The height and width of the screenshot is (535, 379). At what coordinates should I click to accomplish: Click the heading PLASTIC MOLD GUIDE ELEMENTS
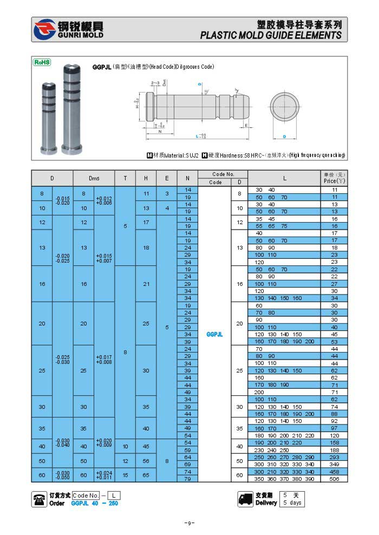tap(271, 35)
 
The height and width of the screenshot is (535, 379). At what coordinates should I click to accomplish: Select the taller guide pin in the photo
tap(70, 109)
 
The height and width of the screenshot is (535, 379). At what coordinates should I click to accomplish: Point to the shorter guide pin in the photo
tap(48, 116)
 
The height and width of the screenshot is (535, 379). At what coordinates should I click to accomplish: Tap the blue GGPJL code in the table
tap(215, 334)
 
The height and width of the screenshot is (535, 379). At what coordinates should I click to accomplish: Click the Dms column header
tap(94, 178)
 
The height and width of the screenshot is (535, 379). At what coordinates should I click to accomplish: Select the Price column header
tap(334, 178)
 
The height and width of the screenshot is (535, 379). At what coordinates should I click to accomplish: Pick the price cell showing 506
tap(334, 479)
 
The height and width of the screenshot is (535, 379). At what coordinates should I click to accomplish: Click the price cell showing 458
tap(334, 472)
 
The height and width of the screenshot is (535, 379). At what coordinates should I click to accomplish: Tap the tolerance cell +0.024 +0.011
tap(104, 475)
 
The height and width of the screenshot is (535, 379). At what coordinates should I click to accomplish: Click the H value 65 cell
tap(146, 475)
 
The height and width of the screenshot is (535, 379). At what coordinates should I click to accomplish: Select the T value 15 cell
tap(125, 475)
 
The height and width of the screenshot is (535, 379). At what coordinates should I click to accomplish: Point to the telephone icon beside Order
tap(40, 499)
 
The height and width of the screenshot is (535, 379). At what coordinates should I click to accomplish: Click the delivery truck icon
tap(246, 499)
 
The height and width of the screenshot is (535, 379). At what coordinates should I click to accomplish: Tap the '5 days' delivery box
tap(292, 503)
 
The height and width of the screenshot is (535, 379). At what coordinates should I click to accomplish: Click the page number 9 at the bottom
tap(189, 523)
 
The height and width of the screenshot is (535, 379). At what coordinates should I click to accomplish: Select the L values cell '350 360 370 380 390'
tap(284, 479)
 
